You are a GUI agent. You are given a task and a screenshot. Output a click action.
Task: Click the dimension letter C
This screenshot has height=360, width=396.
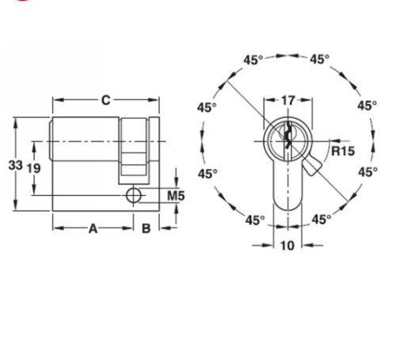tap(105, 100)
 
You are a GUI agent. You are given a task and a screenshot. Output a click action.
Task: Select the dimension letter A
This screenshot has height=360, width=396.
tap(92, 229)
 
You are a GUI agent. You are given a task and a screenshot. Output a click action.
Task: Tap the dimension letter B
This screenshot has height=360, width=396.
tap(146, 229)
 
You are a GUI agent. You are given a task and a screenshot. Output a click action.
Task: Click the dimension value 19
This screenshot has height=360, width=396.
tap(33, 167)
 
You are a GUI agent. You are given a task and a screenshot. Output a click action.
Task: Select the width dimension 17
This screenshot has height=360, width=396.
tap(287, 101)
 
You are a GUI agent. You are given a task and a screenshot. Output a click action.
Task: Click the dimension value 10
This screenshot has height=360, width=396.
tap(287, 246)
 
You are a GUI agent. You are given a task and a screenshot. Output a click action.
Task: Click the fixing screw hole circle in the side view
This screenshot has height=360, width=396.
tap(133, 194)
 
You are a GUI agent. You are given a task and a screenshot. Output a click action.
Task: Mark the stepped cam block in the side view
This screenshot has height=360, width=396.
tap(135, 151)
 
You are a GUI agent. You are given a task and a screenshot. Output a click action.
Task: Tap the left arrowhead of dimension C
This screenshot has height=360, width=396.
tap(56, 101)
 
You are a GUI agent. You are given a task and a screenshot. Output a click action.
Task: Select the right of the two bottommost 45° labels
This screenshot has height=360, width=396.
tap(321, 220)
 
